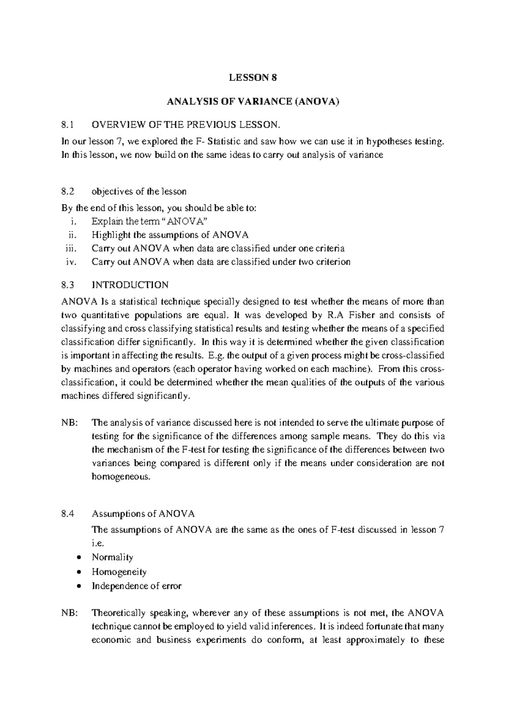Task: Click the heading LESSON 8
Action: (253, 78)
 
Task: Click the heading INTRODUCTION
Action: (130, 285)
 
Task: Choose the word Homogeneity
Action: (119, 572)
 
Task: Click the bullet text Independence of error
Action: (137, 586)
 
